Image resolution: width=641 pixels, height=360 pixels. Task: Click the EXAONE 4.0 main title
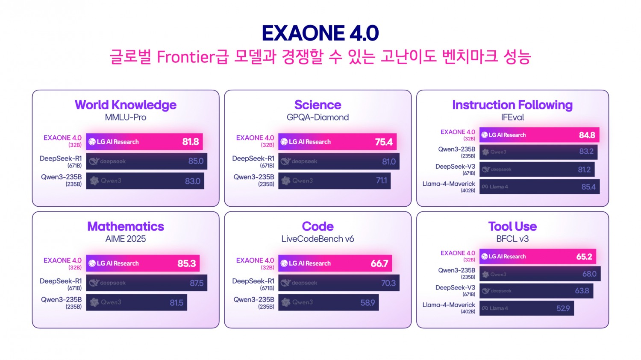click(320, 33)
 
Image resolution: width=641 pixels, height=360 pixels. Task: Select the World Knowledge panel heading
click(126, 105)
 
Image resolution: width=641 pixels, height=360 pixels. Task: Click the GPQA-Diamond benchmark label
click(318, 117)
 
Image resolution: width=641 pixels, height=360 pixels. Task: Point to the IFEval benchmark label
click(512, 117)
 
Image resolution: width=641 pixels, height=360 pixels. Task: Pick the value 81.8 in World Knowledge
click(191, 142)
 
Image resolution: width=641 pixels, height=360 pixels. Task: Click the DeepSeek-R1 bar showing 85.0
click(147, 161)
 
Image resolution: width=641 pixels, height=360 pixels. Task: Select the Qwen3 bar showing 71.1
click(334, 181)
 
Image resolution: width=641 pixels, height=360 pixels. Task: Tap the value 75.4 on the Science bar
click(383, 142)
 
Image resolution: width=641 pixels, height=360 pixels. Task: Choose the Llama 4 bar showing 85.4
click(539, 187)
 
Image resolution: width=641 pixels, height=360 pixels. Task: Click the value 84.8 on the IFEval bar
click(587, 135)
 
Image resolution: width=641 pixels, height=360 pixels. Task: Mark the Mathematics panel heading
click(126, 226)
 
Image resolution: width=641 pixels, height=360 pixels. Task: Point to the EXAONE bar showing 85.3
click(143, 263)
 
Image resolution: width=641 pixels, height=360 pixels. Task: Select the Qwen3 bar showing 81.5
click(136, 302)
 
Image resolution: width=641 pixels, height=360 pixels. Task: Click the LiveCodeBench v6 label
click(318, 239)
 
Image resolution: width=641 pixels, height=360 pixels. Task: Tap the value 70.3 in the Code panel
click(388, 283)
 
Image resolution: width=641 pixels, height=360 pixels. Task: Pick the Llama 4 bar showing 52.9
click(526, 308)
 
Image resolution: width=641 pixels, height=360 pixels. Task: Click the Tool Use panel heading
click(512, 226)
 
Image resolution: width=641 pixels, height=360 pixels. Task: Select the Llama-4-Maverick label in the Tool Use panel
click(449, 305)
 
